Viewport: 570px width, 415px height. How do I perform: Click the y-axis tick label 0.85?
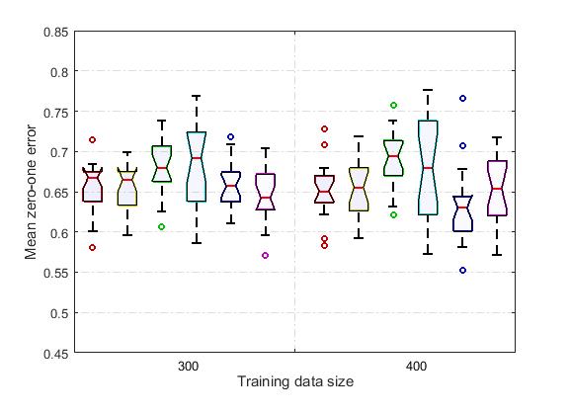[x=55, y=32]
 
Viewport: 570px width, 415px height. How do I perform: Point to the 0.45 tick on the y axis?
[x=55, y=352]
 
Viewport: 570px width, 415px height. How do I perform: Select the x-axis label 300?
[x=187, y=367]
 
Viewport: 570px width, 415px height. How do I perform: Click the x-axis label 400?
[x=416, y=367]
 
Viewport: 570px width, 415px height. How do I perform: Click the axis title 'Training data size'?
[x=293, y=381]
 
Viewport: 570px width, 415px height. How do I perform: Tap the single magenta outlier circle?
[x=265, y=255]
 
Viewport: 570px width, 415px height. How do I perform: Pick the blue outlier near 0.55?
[x=462, y=270]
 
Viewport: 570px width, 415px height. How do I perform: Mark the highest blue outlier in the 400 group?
[x=462, y=99]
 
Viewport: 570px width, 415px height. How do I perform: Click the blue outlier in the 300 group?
[x=231, y=137]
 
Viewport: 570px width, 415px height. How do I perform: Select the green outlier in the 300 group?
[x=162, y=226]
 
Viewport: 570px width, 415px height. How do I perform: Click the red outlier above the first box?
[x=93, y=140]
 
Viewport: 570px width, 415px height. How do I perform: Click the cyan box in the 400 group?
[x=428, y=167]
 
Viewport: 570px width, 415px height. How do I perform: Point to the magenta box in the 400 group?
[x=497, y=188]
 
